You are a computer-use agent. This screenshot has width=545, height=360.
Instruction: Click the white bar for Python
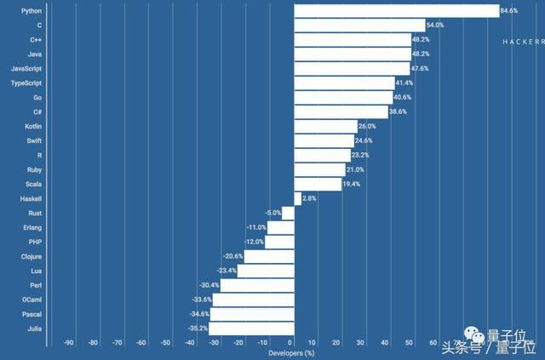[x=396, y=10]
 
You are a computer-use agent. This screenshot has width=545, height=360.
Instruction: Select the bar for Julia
[x=251, y=328]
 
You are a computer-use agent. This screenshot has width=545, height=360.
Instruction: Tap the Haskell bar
[x=297, y=198]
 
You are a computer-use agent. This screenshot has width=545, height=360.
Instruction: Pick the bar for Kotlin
[x=325, y=126]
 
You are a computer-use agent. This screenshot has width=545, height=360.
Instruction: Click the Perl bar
[x=257, y=284]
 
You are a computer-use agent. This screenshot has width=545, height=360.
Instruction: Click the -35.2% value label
[x=198, y=328]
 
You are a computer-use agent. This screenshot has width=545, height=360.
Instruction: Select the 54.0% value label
[x=434, y=26]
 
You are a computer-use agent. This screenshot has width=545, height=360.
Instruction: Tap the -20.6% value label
[x=233, y=256]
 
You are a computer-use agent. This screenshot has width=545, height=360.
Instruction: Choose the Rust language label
[x=34, y=213]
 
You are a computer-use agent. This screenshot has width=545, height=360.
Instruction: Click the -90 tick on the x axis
[x=69, y=343]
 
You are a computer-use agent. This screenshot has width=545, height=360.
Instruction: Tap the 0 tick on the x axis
[x=294, y=343]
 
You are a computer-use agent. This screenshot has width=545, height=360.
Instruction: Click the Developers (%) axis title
[x=291, y=353]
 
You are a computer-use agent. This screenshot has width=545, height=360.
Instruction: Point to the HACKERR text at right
[x=520, y=41]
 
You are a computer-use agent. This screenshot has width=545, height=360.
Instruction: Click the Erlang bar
[x=280, y=227]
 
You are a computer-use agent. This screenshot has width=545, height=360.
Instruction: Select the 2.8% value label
[x=310, y=198]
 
